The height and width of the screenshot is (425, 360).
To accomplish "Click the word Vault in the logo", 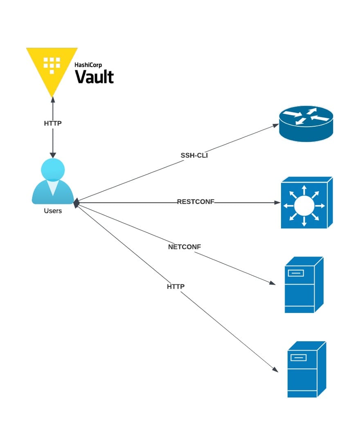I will (94, 76).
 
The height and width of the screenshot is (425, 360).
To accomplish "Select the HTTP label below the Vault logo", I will (53, 123).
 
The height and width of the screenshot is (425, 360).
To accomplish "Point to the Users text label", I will (53, 211).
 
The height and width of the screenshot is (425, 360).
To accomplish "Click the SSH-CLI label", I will (194, 155).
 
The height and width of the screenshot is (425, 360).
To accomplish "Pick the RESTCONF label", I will (196, 202).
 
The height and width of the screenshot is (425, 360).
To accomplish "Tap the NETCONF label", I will (184, 247).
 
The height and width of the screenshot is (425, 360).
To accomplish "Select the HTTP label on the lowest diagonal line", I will (175, 286).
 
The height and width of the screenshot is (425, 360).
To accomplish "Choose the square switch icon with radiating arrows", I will (306, 202).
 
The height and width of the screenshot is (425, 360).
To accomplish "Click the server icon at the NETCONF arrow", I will (303, 285).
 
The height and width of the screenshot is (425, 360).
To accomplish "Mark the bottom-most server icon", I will (306, 369).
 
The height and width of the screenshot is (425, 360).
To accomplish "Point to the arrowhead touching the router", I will (275, 125).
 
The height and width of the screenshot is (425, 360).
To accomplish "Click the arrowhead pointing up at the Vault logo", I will (52, 100).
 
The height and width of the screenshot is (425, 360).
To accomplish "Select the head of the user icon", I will (53, 169).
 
